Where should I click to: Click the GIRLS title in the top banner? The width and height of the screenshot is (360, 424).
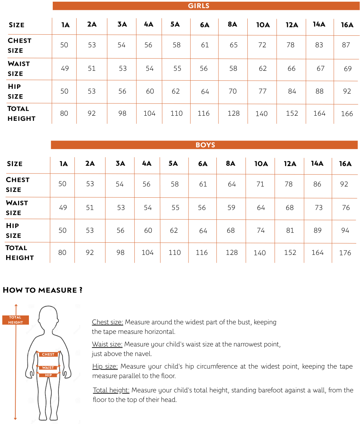tap(199, 6)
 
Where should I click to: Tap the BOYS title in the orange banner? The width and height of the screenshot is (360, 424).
tap(205, 145)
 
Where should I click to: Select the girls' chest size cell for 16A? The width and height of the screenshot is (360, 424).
tap(346, 45)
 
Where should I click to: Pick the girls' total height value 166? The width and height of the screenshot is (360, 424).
tap(347, 114)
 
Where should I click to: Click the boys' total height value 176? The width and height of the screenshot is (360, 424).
tap(345, 253)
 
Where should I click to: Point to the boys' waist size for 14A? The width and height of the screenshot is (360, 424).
tap(318, 208)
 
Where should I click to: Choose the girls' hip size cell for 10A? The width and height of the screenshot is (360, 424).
tap(262, 91)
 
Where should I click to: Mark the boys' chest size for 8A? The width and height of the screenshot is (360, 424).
tap(232, 184)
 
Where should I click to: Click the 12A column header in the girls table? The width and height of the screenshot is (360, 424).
tap(292, 25)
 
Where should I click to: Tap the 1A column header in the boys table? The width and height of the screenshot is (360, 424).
tap(64, 164)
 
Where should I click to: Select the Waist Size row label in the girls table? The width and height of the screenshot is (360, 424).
tap(19, 68)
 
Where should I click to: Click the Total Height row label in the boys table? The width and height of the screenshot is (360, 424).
tap(20, 252)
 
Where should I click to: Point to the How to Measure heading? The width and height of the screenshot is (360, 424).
tap(43, 290)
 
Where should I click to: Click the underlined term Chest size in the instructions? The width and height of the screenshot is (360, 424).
tap(108, 322)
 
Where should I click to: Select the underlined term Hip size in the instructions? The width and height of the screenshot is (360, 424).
tap(105, 366)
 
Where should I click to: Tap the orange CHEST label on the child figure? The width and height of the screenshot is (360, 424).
tap(48, 354)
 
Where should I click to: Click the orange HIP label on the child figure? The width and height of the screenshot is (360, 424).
tap(48, 375)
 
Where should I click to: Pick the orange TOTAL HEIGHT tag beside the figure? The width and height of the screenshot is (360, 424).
tap(15, 320)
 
